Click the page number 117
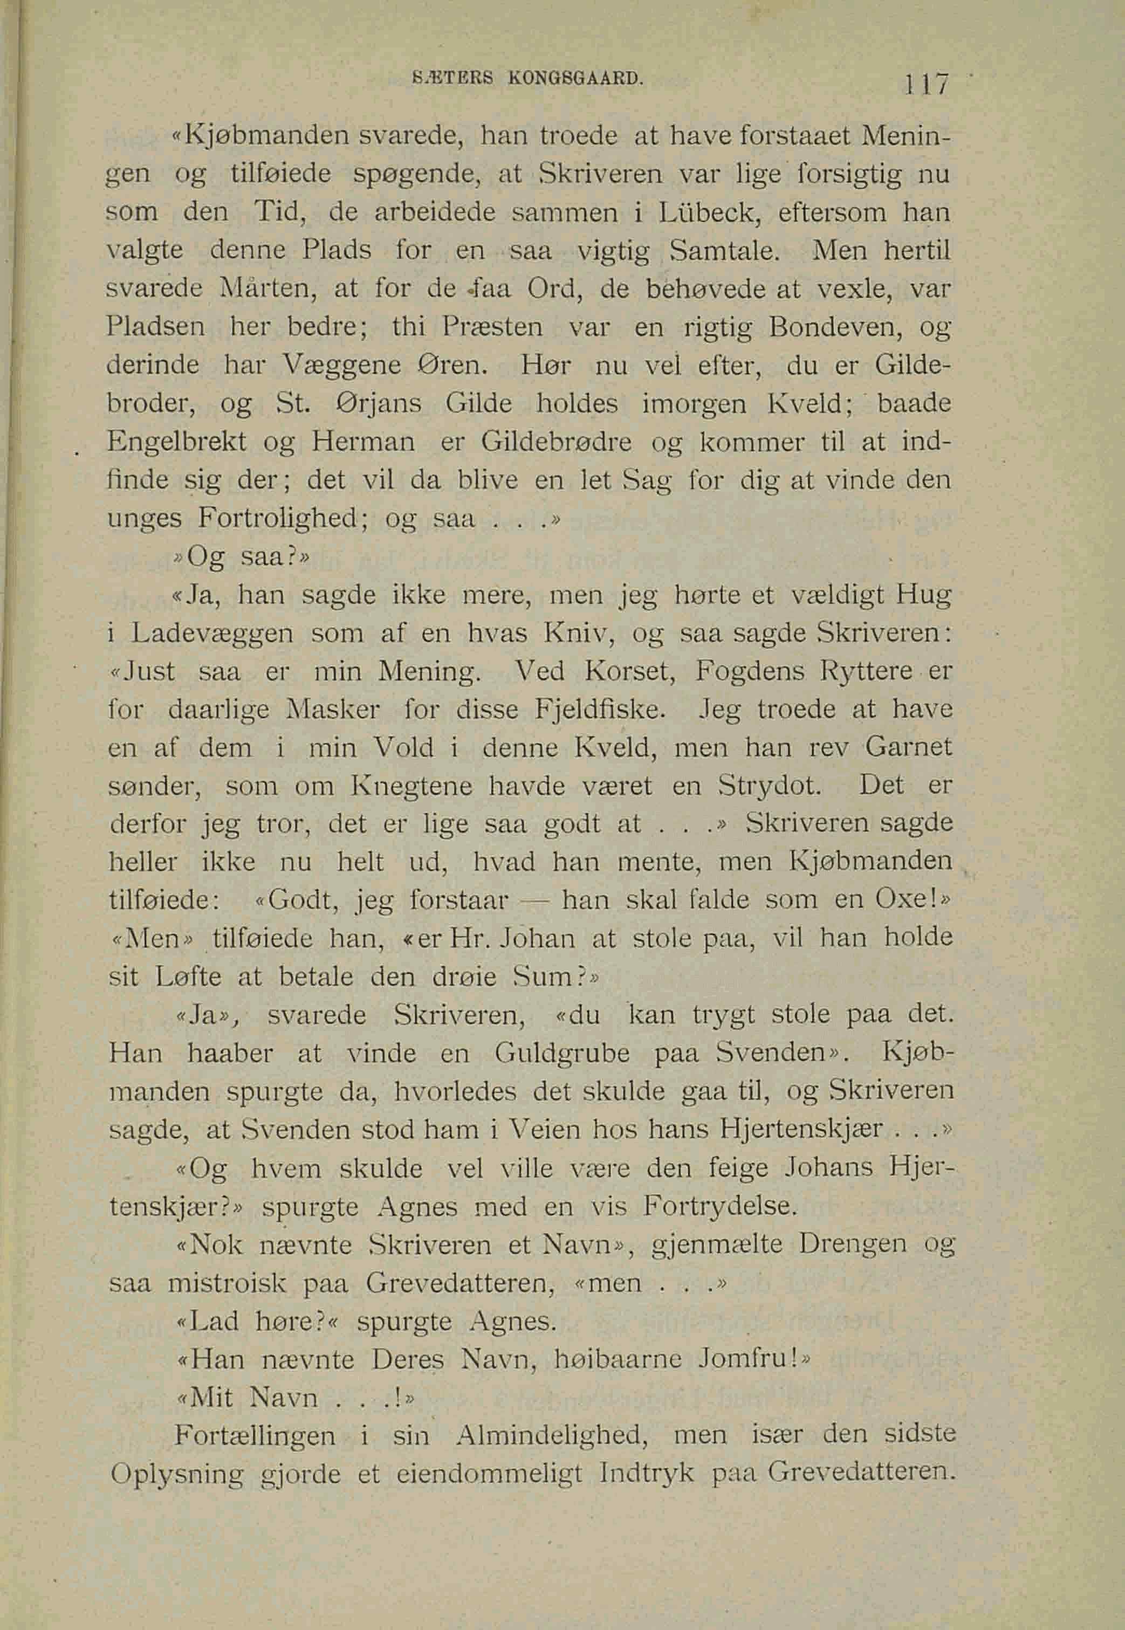(x=930, y=85)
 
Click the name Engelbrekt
(x=177, y=441)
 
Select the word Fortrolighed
(x=280, y=518)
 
